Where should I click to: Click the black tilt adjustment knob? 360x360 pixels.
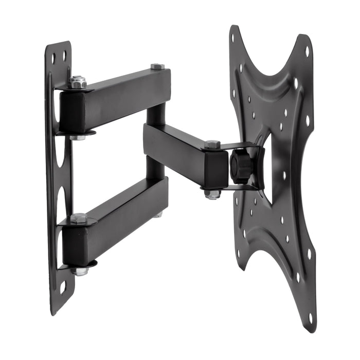240,166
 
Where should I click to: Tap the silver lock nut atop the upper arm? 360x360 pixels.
78,82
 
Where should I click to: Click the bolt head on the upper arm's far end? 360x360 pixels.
157,66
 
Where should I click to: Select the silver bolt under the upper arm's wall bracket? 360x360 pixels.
78,137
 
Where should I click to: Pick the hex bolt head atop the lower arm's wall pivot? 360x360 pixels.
78,218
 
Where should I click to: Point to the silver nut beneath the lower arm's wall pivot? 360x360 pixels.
80,271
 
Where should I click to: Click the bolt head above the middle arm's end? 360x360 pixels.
212,145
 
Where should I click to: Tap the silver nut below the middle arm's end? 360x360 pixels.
212,194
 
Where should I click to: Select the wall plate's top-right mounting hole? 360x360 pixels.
64,53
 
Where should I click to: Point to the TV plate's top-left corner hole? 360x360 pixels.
233,38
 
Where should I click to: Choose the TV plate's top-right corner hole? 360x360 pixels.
307,51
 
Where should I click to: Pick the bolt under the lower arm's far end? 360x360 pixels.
157,214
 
